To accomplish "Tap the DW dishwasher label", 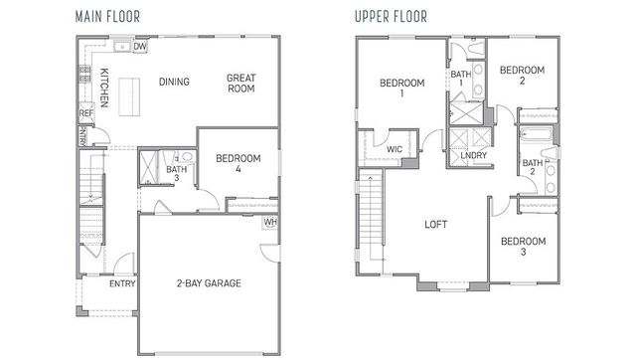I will pyautogui.click(x=140, y=46).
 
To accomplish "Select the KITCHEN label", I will pyautogui.click(x=103, y=87).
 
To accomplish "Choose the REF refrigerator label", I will pyautogui.click(x=85, y=113).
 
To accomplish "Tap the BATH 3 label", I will pyautogui.click(x=177, y=174).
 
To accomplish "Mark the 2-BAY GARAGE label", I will pyautogui.click(x=209, y=283).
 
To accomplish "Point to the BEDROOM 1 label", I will pyautogui.click(x=401, y=89).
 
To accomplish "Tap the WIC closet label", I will pyautogui.click(x=395, y=150).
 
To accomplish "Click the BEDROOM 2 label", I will pyautogui.click(x=522, y=77).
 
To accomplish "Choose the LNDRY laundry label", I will pyautogui.click(x=474, y=155).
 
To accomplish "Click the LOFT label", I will pyautogui.click(x=434, y=225).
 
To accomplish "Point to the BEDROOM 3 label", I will pyautogui.click(x=522, y=248).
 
